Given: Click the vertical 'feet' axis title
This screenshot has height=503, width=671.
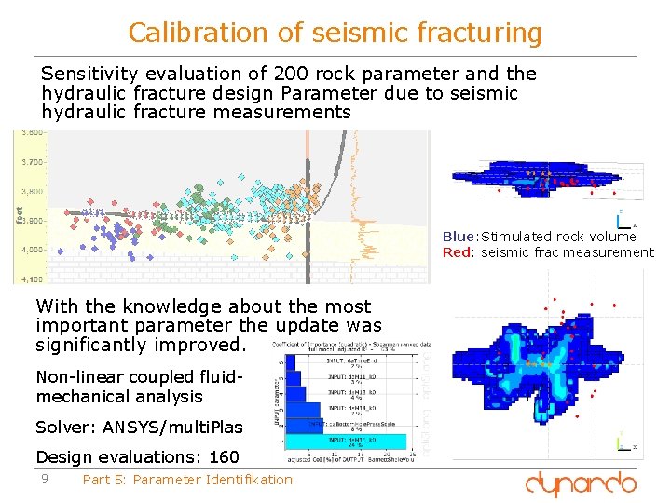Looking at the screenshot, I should tap(21, 214).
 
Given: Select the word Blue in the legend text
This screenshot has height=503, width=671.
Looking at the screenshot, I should tap(459, 237).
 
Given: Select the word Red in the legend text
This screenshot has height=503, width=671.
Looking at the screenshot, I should tap(458, 252).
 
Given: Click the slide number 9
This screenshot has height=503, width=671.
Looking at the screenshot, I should tap(43, 479).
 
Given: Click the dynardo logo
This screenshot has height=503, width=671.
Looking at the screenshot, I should tap(582, 483).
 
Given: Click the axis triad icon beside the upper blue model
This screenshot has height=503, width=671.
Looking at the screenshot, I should tap(622, 220).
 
